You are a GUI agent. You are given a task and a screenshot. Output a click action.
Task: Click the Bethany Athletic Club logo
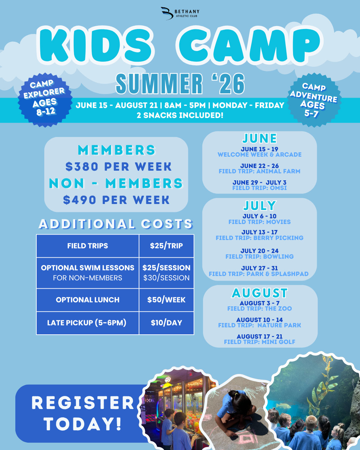click(x=180, y=13)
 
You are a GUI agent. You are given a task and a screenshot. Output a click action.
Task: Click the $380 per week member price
click(x=118, y=167)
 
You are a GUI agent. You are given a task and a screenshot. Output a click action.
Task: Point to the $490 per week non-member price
click(x=116, y=200)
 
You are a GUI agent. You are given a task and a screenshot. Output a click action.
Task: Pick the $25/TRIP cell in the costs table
click(x=166, y=246)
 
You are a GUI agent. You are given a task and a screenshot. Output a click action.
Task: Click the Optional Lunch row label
click(x=87, y=300)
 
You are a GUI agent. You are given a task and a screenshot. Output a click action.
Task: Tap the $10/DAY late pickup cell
click(x=166, y=323)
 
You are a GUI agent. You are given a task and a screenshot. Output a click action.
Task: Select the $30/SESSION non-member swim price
click(x=166, y=278)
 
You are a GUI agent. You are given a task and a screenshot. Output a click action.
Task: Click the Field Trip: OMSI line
click(x=259, y=188)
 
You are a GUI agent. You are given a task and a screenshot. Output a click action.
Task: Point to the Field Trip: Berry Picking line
click(x=259, y=238)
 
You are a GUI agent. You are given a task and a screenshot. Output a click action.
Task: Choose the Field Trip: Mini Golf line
click(x=259, y=342)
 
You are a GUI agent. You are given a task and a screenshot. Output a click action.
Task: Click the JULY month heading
click(x=260, y=206)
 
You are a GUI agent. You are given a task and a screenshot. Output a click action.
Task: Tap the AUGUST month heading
click(x=260, y=293)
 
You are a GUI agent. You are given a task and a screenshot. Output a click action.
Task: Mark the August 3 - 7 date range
click(x=259, y=303)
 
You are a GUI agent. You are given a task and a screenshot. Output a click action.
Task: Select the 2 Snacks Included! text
click(x=180, y=115)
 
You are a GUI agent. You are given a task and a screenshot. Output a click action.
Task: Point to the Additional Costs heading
click(x=115, y=224)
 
